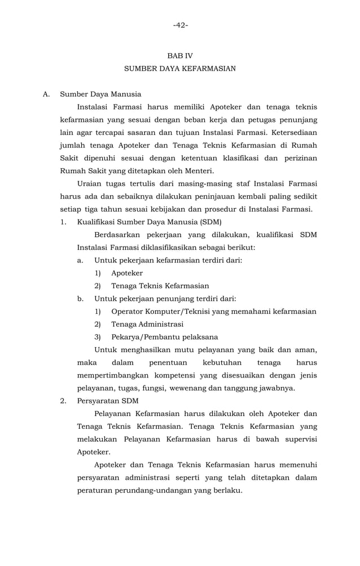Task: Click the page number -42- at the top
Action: click(181, 25)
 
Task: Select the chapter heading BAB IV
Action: click(180, 56)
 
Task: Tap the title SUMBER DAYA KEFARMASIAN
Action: click(180, 68)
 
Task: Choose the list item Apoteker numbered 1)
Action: click(127, 273)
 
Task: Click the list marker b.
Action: click(81, 299)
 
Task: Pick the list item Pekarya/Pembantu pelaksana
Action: click(164, 337)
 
